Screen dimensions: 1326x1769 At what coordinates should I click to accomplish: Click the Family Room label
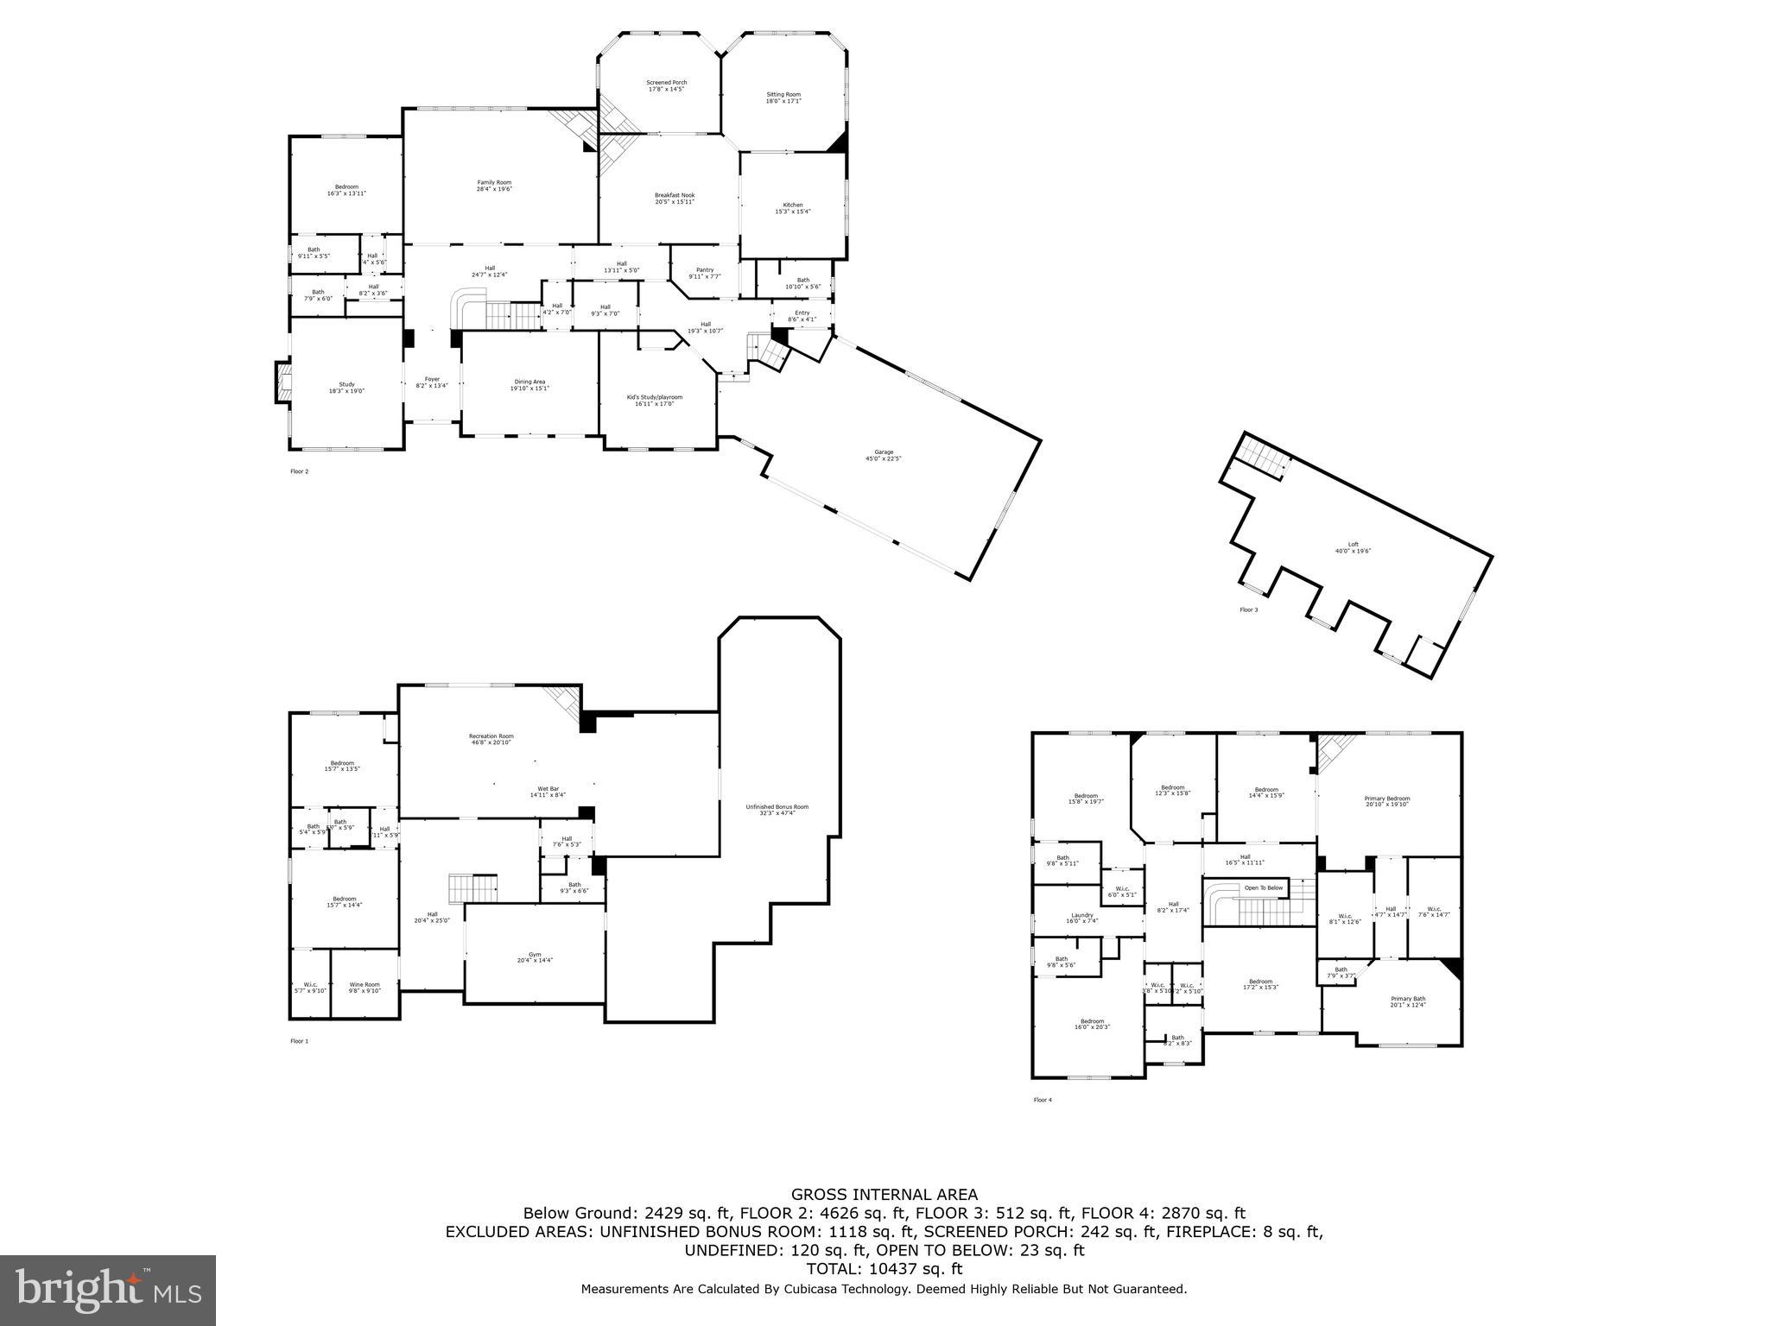pyautogui.click(x=494, y=182)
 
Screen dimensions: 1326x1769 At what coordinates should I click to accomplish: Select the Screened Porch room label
pyautogui.click(x=666, y=83)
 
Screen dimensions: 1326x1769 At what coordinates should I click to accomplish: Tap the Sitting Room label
pyautogui.click(x=783, y=95)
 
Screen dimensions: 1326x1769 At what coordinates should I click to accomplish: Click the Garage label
pyautogui.click(x=883, y=452)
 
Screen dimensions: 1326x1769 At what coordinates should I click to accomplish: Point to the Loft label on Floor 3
pyautogui.click(x=1353, y=545)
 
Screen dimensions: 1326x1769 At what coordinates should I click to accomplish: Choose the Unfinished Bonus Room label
pyautogui.click(x=777, y=807)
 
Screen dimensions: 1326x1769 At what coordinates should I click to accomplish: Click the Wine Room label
pyautogui.click(x=364, y=984)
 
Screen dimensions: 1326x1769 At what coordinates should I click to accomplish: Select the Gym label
pyautogui.click(x=534, y=955)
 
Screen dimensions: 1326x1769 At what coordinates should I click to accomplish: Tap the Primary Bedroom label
pyautogui.click(x=1386, y=799)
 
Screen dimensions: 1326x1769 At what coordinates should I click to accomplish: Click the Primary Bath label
pyautogui.click(x=1407, y=999)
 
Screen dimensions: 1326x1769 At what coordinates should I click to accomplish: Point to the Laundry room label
pyautogui.click(x=1081, y=915)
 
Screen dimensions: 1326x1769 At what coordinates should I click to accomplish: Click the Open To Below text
pyautogui.click(x=1263, y=887)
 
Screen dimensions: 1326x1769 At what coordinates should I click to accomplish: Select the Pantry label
pyautogui.click(x=704, y=270)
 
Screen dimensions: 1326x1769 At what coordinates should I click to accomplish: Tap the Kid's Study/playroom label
pyautogui.click(x=654, y=397)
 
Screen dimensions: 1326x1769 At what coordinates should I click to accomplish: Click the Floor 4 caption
pyautogui.click(x=1043, y=1100)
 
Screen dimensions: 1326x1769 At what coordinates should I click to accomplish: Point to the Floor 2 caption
pyautogui.click(x=299, y=471)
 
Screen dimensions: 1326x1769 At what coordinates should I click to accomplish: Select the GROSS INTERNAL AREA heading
pyautogui.click(x=884, y=1195)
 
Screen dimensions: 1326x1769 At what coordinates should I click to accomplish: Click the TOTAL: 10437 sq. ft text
pyautogui.click(x=884, y=1269)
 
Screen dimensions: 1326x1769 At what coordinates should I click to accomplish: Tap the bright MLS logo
pyautogui.click(x=108, y=1291)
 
